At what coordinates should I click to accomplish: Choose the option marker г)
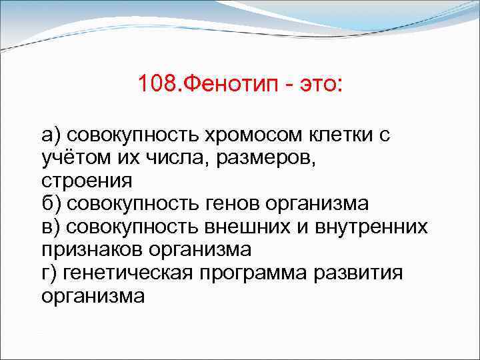pyautogui.click(x=51, y=273)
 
